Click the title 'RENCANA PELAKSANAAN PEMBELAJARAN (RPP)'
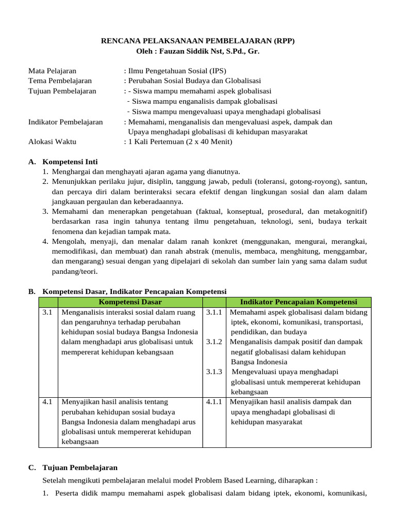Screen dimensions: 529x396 [197, 41]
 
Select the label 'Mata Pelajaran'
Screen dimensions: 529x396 [52, 71]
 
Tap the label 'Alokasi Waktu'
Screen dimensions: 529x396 [51, 142]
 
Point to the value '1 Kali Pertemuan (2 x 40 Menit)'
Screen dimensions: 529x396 [180, 142]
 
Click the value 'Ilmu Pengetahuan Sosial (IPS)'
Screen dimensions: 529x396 [176, 71]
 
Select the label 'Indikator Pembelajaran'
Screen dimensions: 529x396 [65, 122]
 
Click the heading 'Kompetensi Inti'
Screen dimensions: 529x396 [70, 162]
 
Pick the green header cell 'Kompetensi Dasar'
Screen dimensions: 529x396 [130, 302]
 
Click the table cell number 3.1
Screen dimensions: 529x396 [47, 313]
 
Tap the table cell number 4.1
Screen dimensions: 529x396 [47, 402]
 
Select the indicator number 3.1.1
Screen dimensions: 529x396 [213, 313]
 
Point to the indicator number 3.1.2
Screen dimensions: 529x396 [213, 342]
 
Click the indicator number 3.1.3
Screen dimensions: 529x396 [213, 372]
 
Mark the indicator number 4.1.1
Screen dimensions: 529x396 [213, 402]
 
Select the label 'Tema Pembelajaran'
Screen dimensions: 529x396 [60, 81]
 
